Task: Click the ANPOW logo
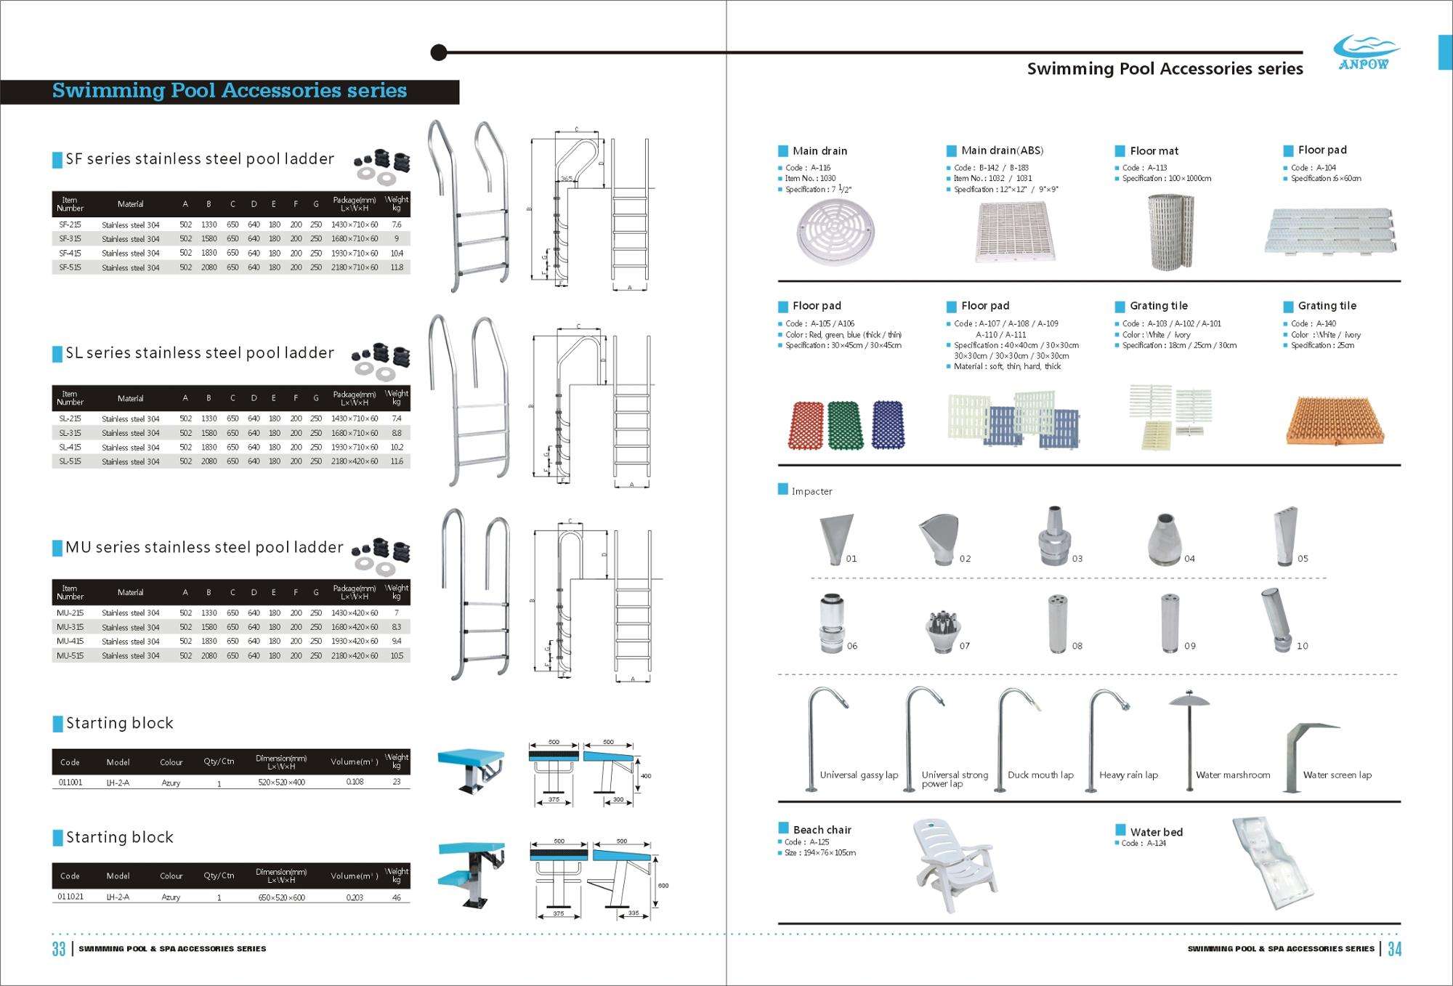coord(1366,52)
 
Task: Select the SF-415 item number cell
coord(70,254)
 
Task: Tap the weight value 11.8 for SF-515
coord(397,267)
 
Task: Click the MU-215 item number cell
coord(70,613)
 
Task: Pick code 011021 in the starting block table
coord(70,897)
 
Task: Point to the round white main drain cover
coord(835,231)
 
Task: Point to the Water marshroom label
coord(1233,775)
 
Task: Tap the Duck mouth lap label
coord(1040,775)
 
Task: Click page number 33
coord(59,949)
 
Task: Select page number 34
coord(1394,949)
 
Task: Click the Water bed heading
coord(1156,832)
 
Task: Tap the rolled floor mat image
coord(1170,232)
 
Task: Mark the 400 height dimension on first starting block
coord(645,776)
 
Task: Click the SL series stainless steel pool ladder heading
coord(200,353)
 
